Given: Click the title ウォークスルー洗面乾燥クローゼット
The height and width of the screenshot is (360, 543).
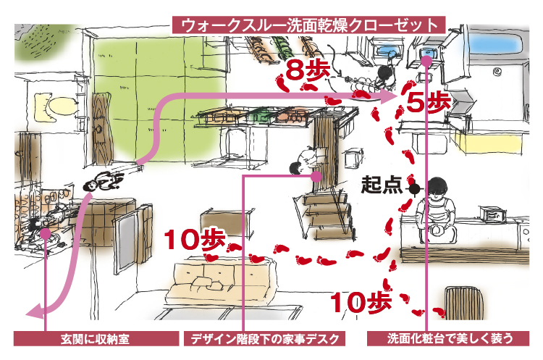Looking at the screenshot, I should point(308,24).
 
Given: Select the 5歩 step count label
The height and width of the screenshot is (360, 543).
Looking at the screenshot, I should point(427,101).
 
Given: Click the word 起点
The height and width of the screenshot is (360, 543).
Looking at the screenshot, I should point(382,186).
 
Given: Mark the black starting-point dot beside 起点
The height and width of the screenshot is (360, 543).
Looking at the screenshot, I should point(414,188).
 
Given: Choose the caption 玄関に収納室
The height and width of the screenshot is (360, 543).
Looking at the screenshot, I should point(96,339).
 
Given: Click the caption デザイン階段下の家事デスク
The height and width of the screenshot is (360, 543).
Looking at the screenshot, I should point(264,339).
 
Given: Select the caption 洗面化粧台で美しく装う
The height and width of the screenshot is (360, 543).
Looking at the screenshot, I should point(450,339).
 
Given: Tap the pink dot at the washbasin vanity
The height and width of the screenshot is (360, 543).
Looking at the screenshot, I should point(427,62).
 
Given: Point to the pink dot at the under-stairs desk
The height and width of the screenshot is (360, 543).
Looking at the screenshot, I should point(316,176).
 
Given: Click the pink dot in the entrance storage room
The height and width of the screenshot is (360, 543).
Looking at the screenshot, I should point(45,233).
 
